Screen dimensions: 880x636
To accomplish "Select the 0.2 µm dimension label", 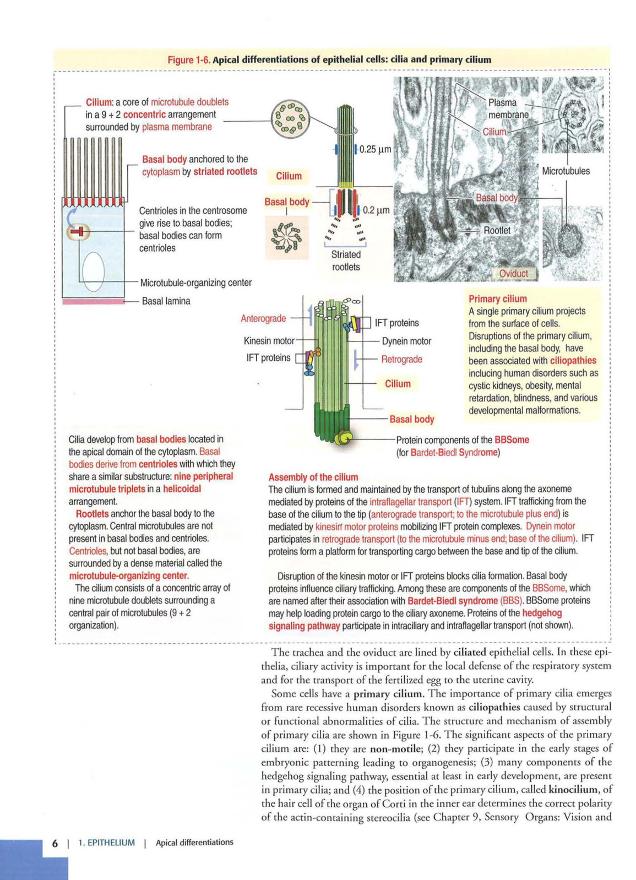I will pyautogui.click(x=376, y=210).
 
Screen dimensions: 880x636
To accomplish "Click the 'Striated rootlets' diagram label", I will pyautogui.click(x=346, y=260).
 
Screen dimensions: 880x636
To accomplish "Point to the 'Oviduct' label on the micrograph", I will pyautogui.click(x=513, y=273).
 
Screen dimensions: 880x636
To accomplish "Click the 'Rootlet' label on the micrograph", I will pyautogui.click(x=497, y=230).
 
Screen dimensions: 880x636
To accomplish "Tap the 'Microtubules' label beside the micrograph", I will pyautogui.click(x=566, y=171).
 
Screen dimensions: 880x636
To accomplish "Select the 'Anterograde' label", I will pyautogui.click(x=263, y=318).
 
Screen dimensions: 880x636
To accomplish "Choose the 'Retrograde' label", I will pyautogui.click(x=401, y=359).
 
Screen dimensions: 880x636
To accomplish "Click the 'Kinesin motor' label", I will pyautogui.click(x=269, y=341).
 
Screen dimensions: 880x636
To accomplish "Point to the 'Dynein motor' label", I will pyautogui.click(x=406, y=341).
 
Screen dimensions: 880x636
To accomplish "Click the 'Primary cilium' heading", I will pyautogui.click(x=497, y=298).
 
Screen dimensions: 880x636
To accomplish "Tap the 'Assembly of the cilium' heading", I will pyautogui.click(x=313, y=477).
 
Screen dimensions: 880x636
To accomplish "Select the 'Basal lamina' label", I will pyautogui.click(x=166, y=301).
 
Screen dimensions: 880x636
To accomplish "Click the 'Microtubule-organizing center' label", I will pyautogui.click(x=195, y=283).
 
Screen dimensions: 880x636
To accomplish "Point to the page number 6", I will pyautogui.click(x=55, y=843).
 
